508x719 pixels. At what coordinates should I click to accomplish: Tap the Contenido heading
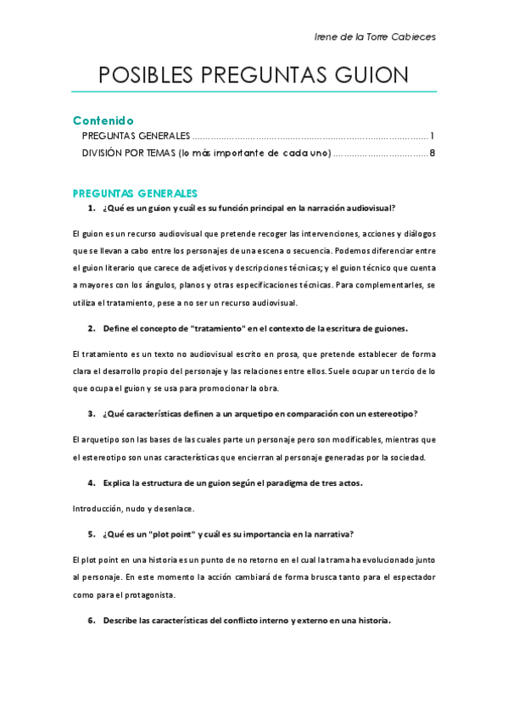103,120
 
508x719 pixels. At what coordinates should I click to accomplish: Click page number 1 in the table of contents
433,136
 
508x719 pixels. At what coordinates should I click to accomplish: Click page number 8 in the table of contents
433,153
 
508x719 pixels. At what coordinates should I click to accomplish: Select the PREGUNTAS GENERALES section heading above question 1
135,192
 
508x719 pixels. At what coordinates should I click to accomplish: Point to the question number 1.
91,208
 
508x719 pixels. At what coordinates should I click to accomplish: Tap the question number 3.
91,414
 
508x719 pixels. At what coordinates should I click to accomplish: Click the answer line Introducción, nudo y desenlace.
133,508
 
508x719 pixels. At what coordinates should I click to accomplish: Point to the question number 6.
91,620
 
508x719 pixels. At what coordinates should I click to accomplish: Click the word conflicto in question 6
237,620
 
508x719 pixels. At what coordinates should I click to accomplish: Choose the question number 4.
91,482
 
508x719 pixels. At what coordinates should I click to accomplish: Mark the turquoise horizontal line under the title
254,92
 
